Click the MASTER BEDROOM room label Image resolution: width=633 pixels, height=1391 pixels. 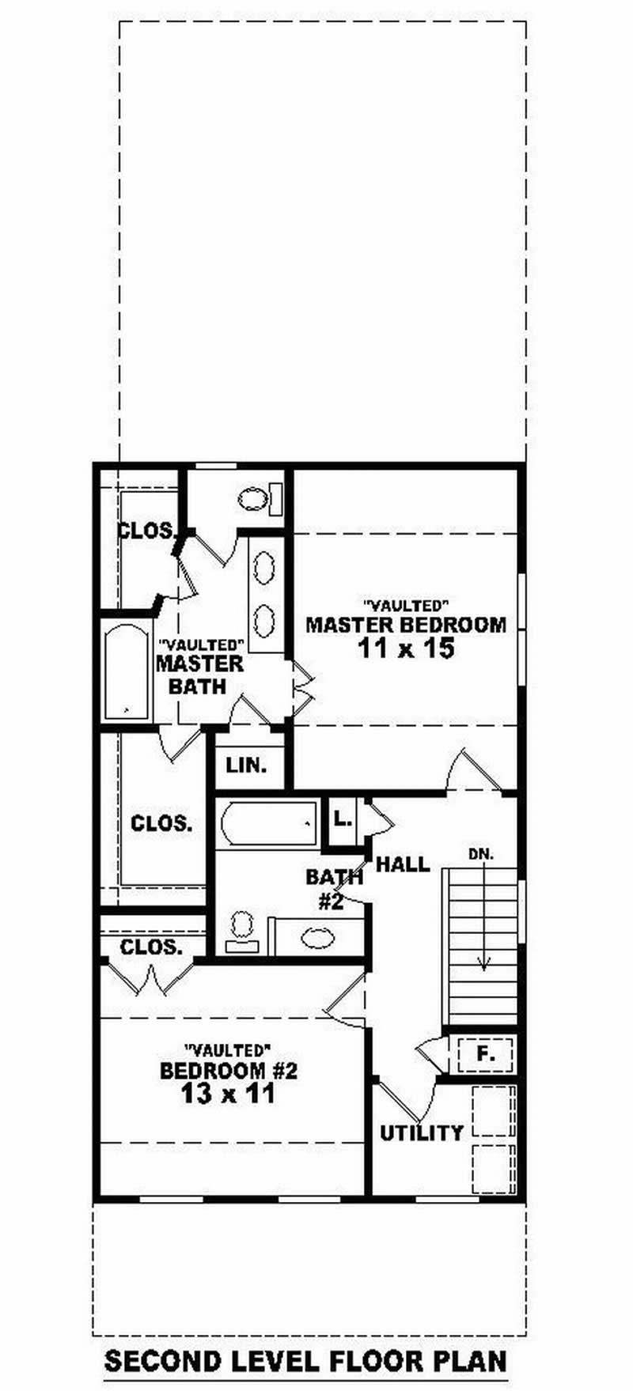pos(406,625)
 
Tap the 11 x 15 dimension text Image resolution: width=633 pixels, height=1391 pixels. pos(406,649)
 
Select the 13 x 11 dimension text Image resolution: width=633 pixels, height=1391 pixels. pos(228,1094)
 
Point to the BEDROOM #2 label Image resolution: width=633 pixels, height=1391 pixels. pos(228,1071)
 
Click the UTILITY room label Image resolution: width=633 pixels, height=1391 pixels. pos(422,1132)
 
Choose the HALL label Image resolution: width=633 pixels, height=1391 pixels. pos(403,864)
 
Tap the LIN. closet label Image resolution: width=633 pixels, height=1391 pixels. pos(246,765)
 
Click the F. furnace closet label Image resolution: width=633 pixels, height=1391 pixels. pos(485,1053)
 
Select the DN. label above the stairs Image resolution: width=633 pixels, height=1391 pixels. pos(481,854)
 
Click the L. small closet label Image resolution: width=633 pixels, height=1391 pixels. pos(342,818)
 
